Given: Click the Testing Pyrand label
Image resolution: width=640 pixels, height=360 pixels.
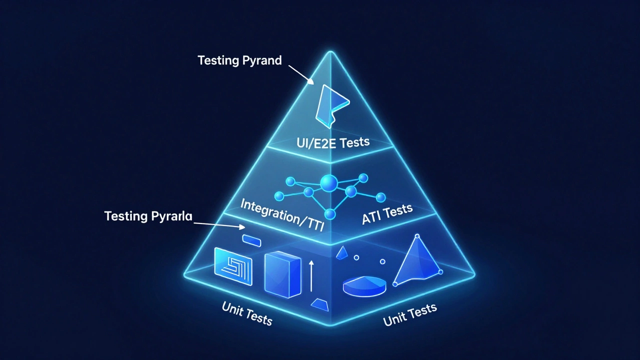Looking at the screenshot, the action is [x=239, y=60].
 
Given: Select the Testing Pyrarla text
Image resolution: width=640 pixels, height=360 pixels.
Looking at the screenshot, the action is [x=148, y=216].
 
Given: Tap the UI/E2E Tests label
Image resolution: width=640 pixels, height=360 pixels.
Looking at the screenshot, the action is [x=333, y=142].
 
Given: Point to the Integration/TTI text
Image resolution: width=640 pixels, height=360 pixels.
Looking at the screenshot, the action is [x=282, y=215].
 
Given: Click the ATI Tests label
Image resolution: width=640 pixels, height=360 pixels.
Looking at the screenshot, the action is [x=387, y=214].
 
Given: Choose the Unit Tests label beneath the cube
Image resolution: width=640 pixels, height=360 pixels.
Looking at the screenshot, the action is [x=247, y=313].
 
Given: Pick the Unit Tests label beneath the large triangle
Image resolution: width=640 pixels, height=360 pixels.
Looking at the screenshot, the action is [x=410, y=315].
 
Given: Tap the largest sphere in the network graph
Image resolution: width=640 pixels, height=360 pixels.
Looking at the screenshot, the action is [x=329, y=183].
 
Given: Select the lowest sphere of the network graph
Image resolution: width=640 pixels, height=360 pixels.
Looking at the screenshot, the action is [x=329, y=214].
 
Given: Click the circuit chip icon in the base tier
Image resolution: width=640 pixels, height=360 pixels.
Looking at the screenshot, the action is [x=233, y=266].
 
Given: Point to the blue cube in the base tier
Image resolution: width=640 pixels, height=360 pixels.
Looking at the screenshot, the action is [x=282, y=274].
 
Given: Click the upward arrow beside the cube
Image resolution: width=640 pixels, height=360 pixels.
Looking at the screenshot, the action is [x=311, y=276].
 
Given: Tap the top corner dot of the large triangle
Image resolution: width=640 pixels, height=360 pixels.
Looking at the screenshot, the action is [x=417, y=236].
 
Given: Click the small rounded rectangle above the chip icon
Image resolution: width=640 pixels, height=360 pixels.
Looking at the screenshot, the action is [x=251, y=240].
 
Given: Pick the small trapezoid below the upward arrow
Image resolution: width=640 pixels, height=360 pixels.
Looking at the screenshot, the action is [x=319, y=305].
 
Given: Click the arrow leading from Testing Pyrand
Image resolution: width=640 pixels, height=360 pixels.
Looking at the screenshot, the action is [x=301, y=74].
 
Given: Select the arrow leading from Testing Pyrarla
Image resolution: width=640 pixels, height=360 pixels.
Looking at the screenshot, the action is [x=219, y=225].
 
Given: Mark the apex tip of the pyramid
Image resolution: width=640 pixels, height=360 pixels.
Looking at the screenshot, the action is [x=330, y=51].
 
